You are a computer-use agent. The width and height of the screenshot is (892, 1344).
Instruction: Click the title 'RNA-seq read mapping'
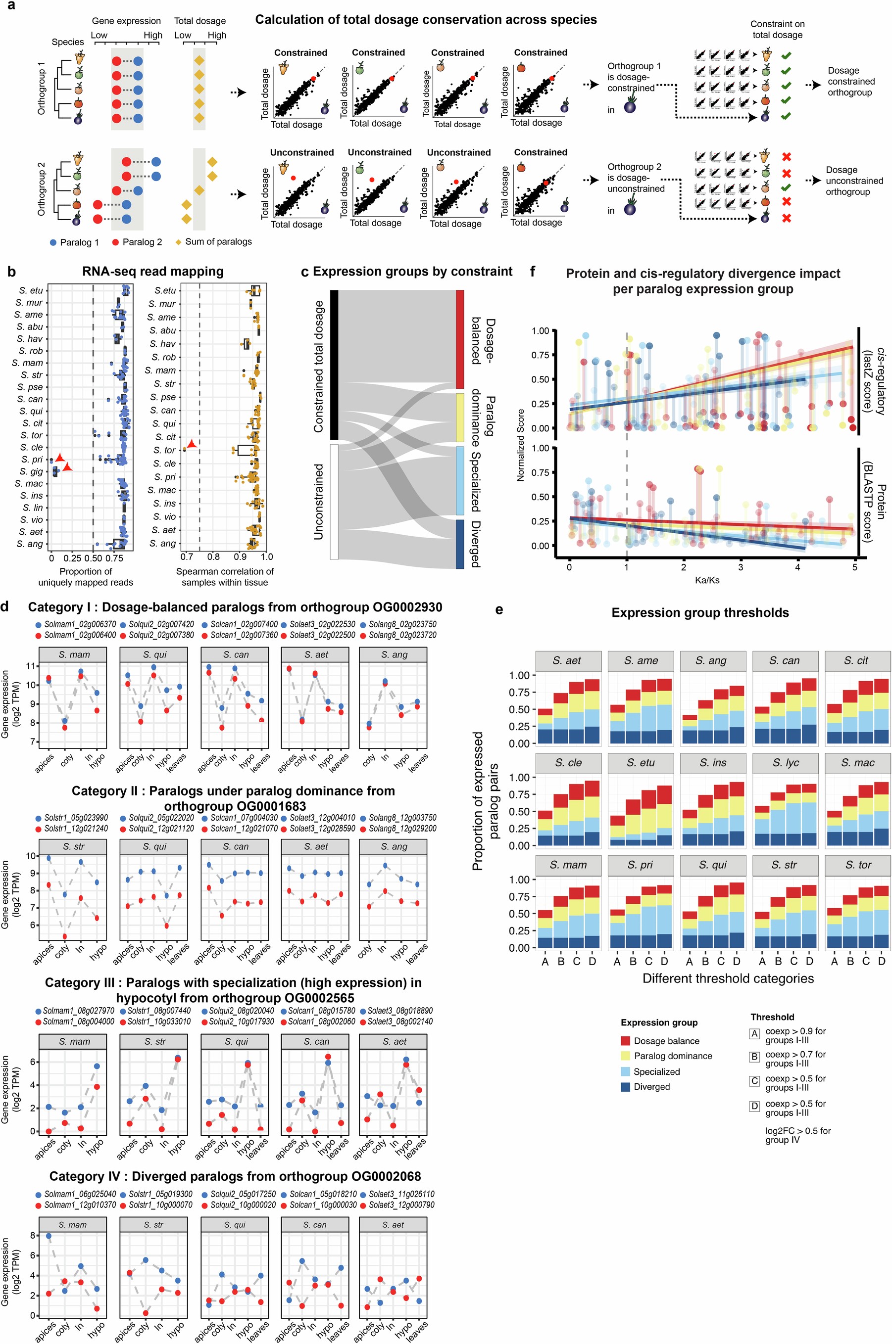(x=153, y=271)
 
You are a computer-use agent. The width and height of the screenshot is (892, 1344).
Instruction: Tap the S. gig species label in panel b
(x=31, y=471)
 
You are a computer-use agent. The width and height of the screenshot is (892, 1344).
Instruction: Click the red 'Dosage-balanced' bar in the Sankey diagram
(x=460, y=339)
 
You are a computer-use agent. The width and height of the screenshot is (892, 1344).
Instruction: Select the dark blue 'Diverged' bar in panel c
(x=460, y=544)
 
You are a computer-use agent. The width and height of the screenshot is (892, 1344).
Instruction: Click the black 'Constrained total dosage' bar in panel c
(x=334, y=365)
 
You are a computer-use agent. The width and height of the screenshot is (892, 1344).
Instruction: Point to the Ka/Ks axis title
(x=706, y=580)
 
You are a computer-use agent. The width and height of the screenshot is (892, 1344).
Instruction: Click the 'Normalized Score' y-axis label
(x=520, y=445)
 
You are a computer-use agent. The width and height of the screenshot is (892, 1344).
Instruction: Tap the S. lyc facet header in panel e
(x=785, y=763)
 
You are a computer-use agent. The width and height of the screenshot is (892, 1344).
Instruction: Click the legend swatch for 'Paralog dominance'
(x=625, y=1056)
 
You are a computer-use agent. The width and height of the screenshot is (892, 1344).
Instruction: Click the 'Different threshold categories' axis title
(x=728, y=978)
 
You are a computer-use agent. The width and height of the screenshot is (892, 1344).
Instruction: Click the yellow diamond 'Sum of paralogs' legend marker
(x=178, y=242)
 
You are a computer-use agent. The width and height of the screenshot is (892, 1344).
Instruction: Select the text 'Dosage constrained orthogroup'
(x=850, y=81)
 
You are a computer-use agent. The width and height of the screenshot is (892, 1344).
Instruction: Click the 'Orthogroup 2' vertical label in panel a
(x=41, y=189)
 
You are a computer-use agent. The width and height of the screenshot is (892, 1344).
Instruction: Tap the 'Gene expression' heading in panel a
(x=126, y=21)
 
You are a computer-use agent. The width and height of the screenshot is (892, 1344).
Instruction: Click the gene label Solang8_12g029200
(x=403, y=829)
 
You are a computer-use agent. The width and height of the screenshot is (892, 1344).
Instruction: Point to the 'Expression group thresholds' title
(x=700, y=612)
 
